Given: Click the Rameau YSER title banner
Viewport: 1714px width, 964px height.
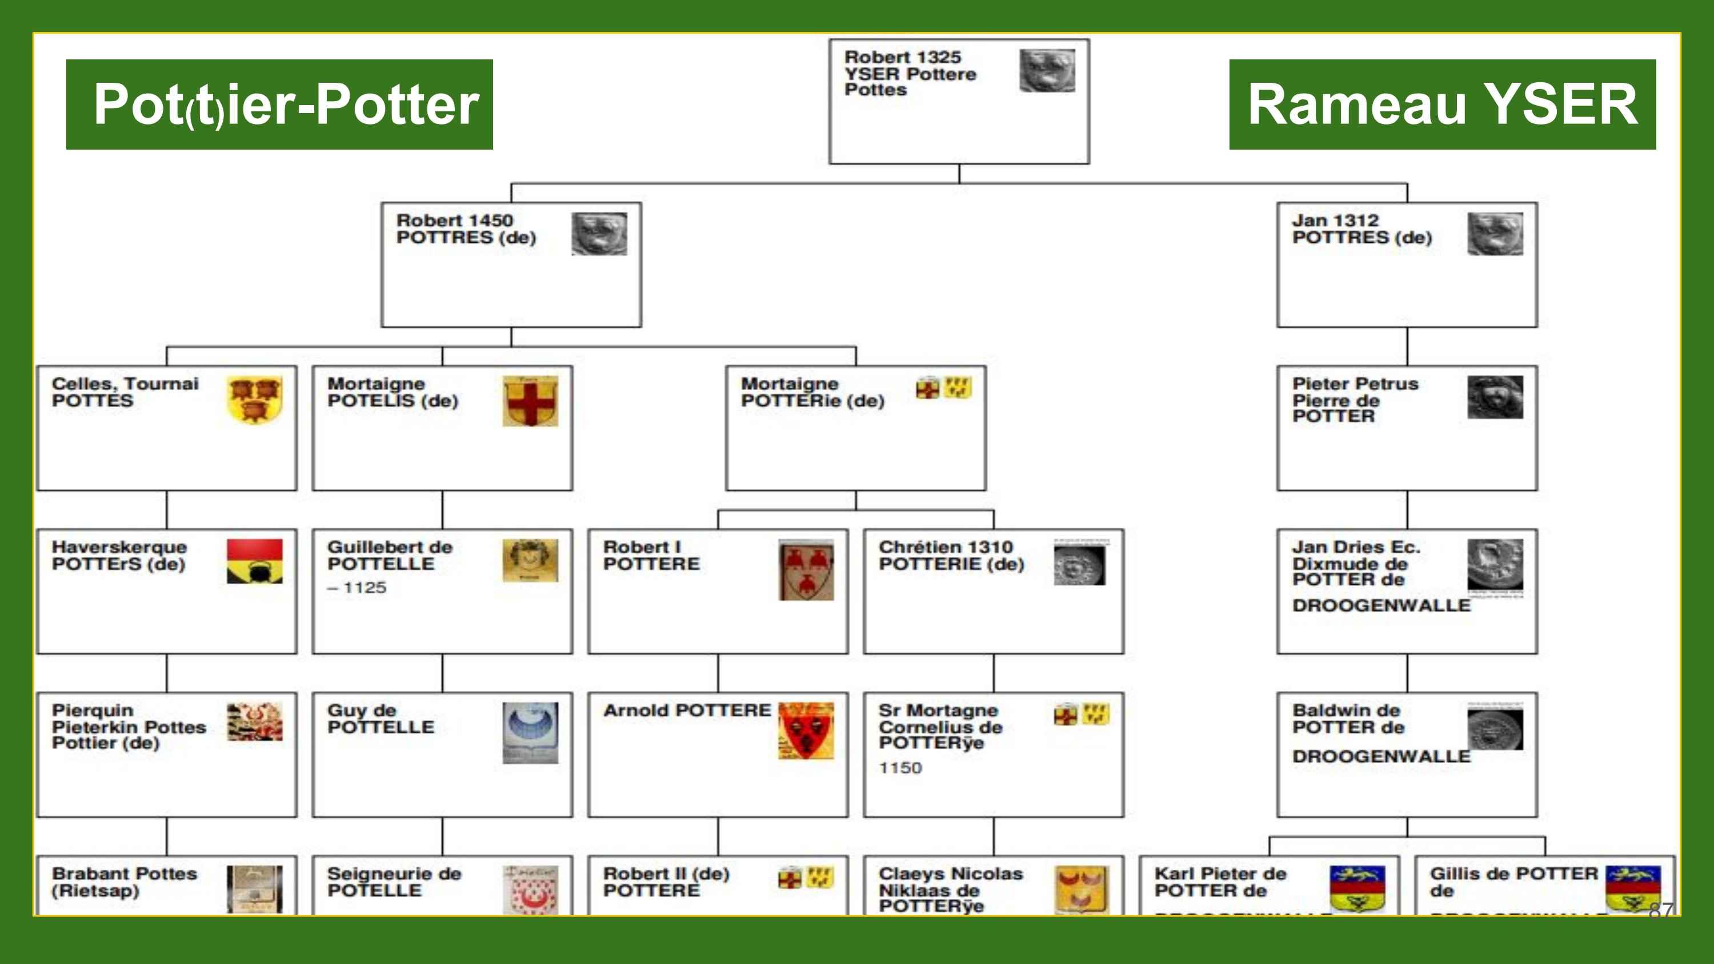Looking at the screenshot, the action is (x=1442, y=105).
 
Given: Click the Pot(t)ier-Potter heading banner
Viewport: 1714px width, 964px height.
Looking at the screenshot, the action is (x=279, y=105).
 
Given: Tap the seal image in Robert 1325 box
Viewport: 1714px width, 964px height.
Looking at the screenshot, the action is (x=1047, y=70).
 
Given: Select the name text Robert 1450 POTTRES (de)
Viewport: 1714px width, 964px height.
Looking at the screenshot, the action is (x=466, y=229).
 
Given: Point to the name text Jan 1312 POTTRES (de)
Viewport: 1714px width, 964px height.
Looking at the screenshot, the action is (x=1361, y=229).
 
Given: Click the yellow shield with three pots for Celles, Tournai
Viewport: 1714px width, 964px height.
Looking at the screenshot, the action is (x=254, y=399).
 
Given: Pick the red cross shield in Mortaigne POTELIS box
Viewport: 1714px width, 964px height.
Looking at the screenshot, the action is (x=530, y=401).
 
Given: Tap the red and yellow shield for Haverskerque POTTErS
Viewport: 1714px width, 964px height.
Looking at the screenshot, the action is (x=254, y=561).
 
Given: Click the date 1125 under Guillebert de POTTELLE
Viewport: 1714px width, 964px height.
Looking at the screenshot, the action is (x=357, y=588).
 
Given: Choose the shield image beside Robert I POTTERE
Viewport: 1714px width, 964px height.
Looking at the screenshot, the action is (x=806, y=569).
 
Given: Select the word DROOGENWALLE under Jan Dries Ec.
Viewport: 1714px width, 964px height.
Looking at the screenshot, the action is (x=1381, y=605).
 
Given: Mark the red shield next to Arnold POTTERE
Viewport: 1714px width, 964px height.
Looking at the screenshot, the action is (x=806, y=730).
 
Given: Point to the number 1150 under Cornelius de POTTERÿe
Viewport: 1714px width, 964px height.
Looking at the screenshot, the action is (x=900, y=768).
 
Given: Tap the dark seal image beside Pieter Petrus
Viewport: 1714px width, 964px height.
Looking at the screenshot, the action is (x=1495, y=397).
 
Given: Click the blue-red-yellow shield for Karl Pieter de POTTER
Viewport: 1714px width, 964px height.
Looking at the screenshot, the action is (x=1357, y=889).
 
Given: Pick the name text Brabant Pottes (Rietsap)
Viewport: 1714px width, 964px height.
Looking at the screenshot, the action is (x=125, y=882).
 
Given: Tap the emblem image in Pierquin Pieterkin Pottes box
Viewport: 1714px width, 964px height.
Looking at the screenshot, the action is (x=254, y=722).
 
